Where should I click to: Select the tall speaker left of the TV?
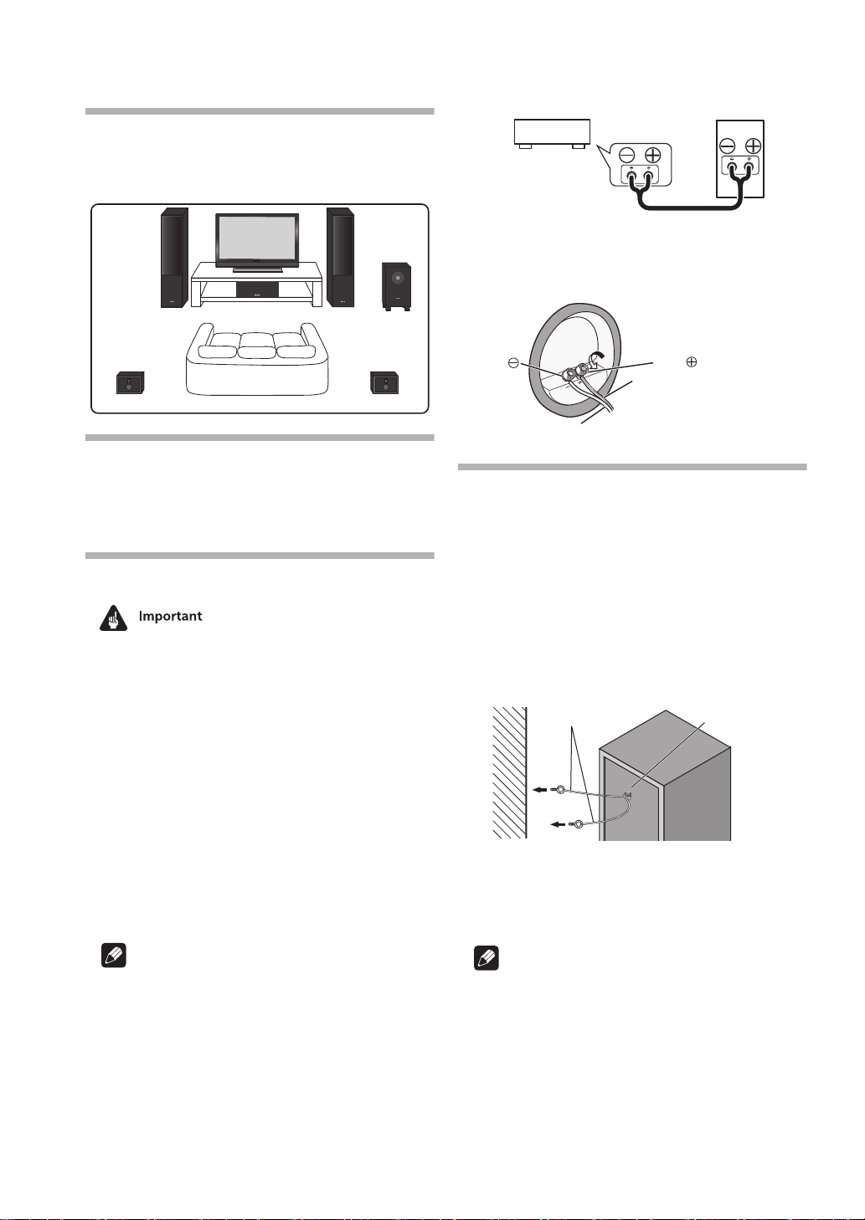(x=174, y=257)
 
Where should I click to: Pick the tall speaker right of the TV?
(x=341, y=257)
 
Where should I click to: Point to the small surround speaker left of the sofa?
(x=130, y=383)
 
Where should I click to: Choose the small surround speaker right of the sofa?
(x=384, y=383)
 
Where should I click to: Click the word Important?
(x=170, y=616)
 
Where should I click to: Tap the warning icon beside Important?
(x=113, y=617)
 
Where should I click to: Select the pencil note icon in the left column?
(x=113, y=956)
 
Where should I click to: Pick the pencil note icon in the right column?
(x=486, y=957)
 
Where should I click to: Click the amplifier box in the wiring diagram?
(x=551, y=132)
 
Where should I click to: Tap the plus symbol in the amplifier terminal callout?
(x=652, y=155)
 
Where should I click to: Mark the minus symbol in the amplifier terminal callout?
(x=626, y=155)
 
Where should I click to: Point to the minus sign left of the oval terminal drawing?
(x=512, y=363)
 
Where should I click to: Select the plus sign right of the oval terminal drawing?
(x=692, y=362)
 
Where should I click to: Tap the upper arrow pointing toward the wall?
(x=543, y=787)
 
